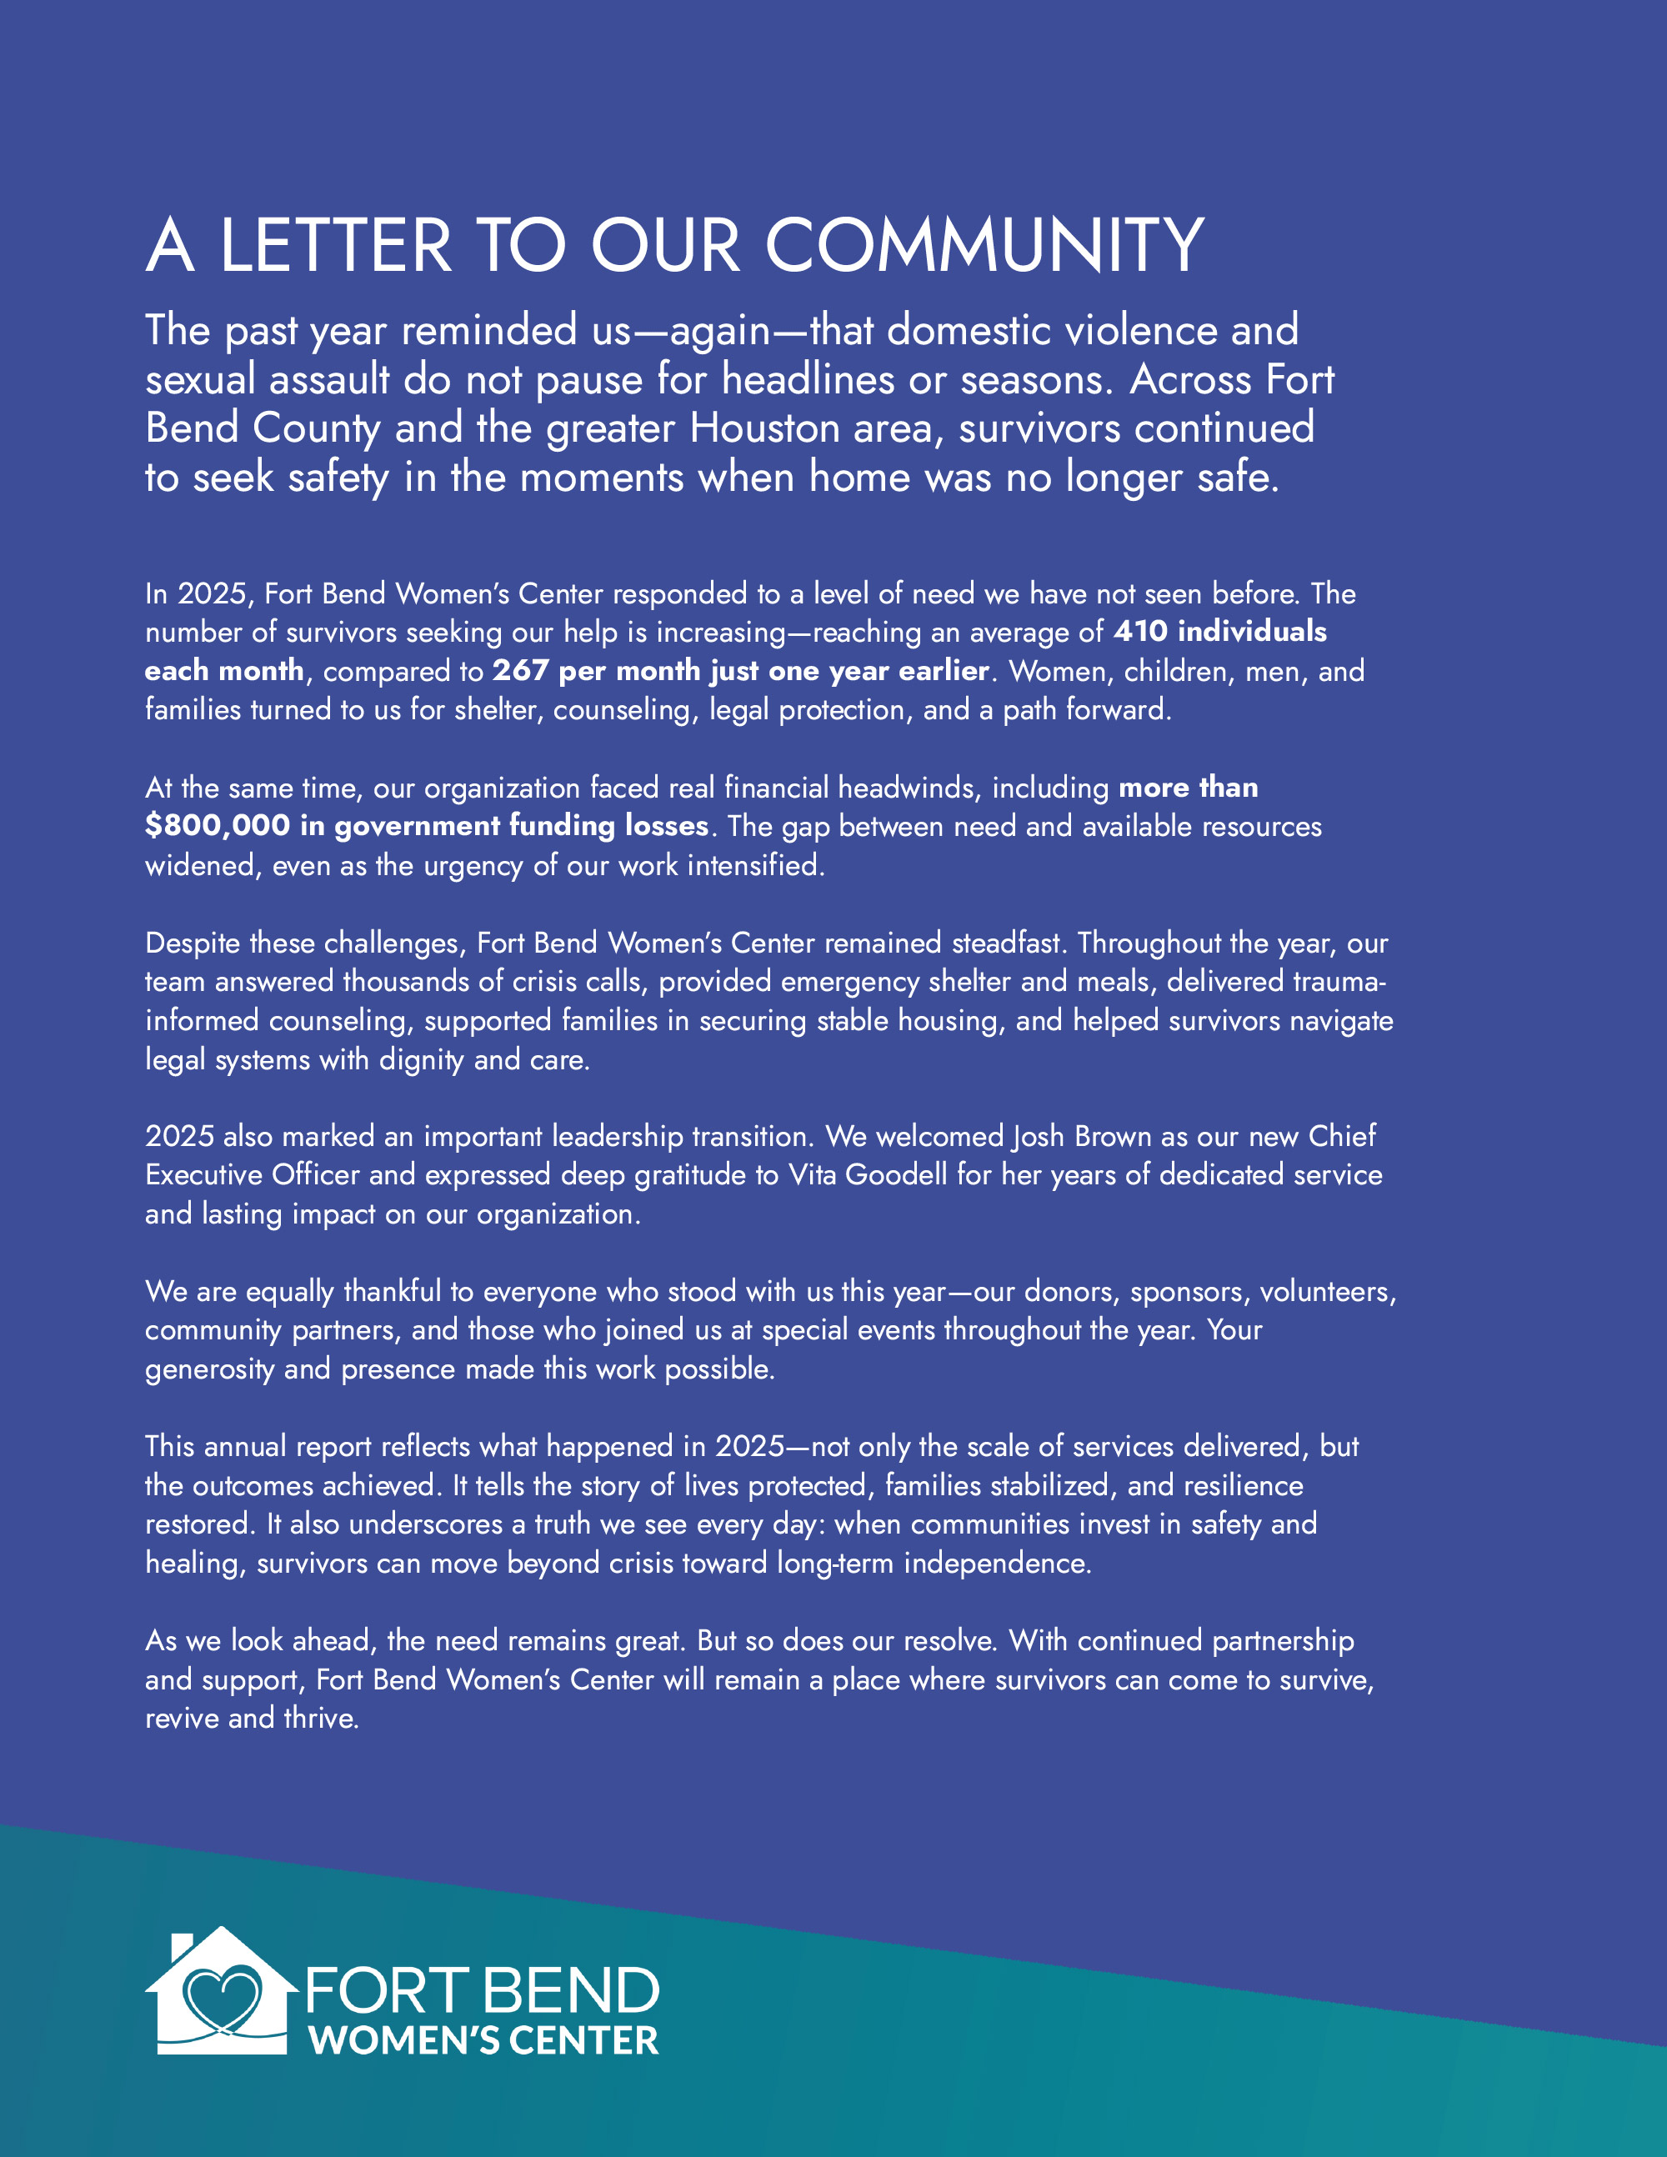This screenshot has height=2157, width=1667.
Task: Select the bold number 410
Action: pos(1140,631)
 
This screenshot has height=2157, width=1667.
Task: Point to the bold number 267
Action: pos(520,671)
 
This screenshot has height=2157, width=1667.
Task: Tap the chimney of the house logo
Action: pos(182,1949)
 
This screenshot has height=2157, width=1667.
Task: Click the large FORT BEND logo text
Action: pos(482,1990)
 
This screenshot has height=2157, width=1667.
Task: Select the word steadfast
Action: pos(1008,943)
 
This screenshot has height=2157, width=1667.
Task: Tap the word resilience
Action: pos(1244,1485)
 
